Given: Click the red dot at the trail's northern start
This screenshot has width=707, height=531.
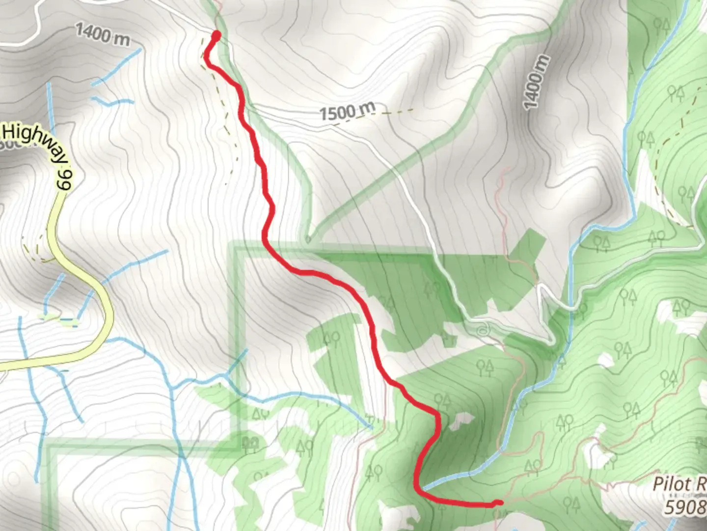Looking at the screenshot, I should (216, 34).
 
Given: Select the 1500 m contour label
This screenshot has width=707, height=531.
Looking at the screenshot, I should (348, 112).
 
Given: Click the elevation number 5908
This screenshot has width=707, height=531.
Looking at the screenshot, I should (685, 506).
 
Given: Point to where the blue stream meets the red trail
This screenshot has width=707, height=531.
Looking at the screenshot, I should (421, 488).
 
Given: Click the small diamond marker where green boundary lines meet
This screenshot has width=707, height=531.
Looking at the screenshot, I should (308, 240).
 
